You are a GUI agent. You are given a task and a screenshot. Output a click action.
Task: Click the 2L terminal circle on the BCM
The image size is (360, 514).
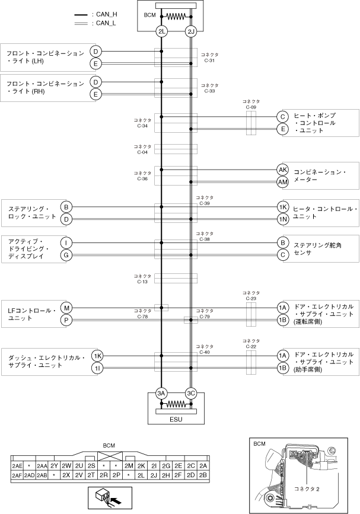point(161,31)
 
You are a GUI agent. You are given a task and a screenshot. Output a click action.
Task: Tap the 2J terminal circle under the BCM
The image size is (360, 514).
point(190,31)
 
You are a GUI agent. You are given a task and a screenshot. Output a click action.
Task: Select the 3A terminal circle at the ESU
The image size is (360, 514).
point(161,393)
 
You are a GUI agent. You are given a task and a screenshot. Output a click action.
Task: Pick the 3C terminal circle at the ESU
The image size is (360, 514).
point(190,393)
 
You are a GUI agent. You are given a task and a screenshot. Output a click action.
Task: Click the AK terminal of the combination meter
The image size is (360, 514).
point(283,170)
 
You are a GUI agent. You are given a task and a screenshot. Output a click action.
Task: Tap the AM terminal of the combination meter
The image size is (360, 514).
point(283,181)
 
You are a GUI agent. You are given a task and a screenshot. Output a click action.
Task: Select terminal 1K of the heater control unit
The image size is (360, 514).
point(283,207)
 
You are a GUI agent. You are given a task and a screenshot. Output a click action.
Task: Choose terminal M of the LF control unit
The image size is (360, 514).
point(66,308)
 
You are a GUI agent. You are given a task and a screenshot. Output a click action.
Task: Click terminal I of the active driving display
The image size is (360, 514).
point(66,243)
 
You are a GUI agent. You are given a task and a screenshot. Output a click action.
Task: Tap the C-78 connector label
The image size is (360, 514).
point(143,314)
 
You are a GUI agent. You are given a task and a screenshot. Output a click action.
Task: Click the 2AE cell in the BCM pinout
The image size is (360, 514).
point(17,466)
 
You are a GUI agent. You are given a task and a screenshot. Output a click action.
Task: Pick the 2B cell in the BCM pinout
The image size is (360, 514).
point(203,475)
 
